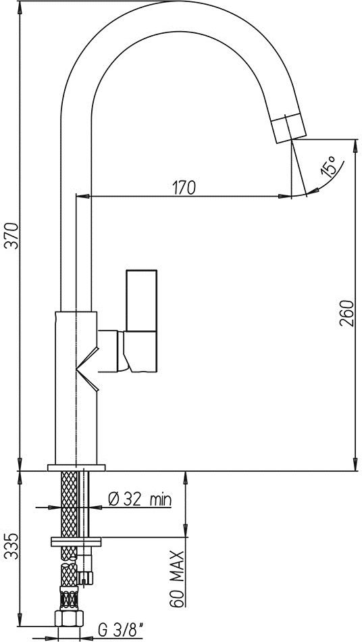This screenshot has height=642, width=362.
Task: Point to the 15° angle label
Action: [x=329, y=166]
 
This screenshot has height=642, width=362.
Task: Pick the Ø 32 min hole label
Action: [x=139, y=499]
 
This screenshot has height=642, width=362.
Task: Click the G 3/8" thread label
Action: [x=120, y=630]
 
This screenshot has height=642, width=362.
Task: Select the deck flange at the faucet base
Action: [x=76, y=467]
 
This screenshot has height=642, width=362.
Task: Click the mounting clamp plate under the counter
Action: [x=76, y=541]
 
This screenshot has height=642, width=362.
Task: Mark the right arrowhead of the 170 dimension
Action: [x=290, y=197]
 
